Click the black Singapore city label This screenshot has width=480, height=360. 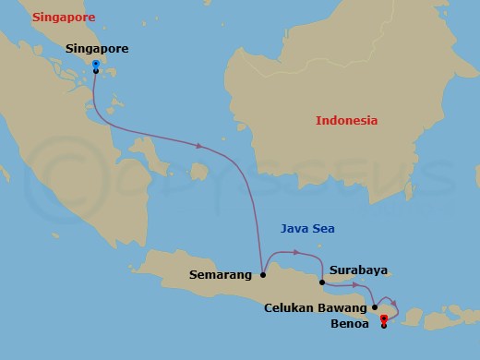97,48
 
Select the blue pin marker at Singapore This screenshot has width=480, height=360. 96,65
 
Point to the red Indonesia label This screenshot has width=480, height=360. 347,121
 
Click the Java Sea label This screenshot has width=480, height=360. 306,228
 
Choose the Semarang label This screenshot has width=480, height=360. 222,274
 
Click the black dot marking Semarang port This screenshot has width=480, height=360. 264,274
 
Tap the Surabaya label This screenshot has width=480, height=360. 358,271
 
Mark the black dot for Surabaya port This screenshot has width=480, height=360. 321,282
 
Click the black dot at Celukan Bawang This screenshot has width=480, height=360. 375,307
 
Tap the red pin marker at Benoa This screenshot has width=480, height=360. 383,319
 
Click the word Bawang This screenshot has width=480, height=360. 342,307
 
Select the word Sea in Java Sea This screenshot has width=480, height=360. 322,228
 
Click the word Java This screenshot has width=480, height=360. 294,228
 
